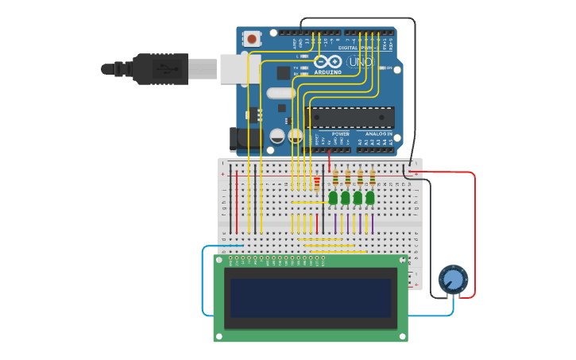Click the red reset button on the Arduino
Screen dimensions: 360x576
[x=252, y=38]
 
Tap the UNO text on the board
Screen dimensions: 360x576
[x=360, y=62]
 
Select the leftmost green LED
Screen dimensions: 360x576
[x=334, y=197]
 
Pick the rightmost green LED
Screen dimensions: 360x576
[x=370, y=197]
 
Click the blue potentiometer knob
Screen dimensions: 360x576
[x=453, y=280]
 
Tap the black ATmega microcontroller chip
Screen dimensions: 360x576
[x=353, y=117]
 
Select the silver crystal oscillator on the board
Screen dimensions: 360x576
[x=280, y=93]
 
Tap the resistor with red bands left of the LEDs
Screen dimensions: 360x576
[x=317, y=184]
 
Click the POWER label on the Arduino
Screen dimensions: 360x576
[x=340, y=134]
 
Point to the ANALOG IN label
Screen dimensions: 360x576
[x=379, y=134]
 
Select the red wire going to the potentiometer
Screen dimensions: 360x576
[x=474, y=238]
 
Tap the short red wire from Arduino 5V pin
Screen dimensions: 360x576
[x=330, y=162]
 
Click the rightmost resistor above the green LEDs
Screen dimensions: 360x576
[x=372, y=176]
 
